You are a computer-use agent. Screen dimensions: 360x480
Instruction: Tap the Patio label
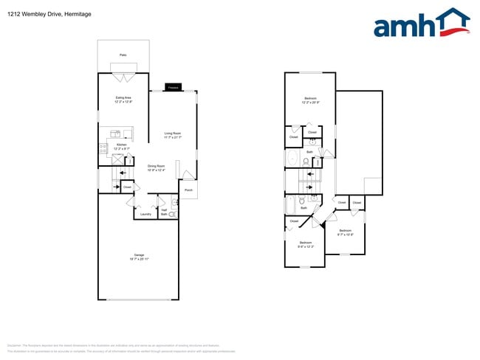[123, 55]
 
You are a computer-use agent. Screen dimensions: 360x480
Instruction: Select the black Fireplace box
[173, 87]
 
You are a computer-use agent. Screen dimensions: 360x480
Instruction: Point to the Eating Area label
[123, 99]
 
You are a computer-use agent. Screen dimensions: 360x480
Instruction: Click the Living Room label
[173, 135]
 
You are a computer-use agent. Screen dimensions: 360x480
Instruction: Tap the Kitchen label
[122, 146]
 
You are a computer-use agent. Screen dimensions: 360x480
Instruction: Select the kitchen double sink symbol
[116, 134]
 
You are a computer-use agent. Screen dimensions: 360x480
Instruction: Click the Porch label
[188, 190]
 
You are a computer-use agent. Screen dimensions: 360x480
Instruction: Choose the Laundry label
[145, 214]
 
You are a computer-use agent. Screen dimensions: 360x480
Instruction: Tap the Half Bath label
[164, 211]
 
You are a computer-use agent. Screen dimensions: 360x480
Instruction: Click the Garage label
[138, 256]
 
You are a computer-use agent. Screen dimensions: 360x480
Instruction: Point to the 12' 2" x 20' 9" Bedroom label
[310, 100]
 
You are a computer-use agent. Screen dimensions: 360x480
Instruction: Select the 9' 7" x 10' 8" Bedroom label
[346, 233]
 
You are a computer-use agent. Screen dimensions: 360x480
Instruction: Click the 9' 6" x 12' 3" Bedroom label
[306, 244]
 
